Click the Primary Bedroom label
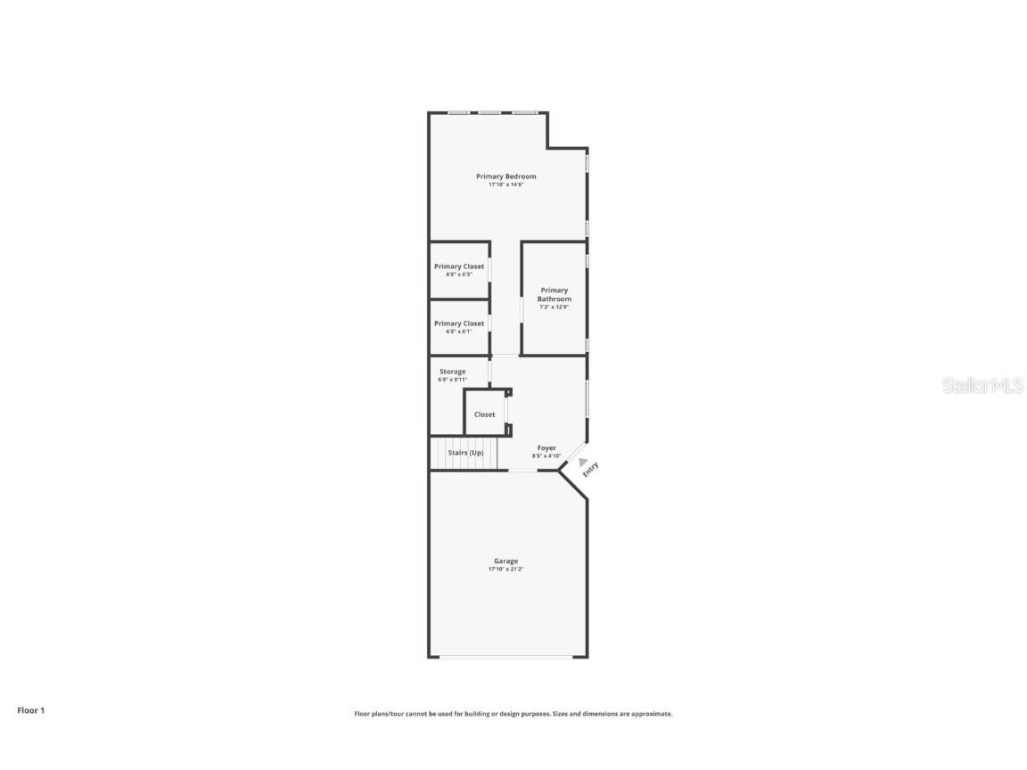point(505,176)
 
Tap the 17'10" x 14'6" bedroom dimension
point(505,184)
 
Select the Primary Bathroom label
point(554,294)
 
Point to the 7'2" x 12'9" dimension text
point(554,307)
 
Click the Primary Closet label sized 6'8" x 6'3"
point(459,266)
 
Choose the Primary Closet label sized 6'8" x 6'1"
point(459,324)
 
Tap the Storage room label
point(452,372)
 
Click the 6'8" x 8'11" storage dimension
point(452,380)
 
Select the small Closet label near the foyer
point(484,414)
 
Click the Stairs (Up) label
point(465,453)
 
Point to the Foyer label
point(546,448)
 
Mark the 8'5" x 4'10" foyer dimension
point(546,456)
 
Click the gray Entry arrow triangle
point(583,463)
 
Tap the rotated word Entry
point(591,470)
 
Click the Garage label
point(505,561)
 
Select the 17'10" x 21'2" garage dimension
point(505,569)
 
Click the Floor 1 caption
point(30,710)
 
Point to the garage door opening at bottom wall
point(506,657)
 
